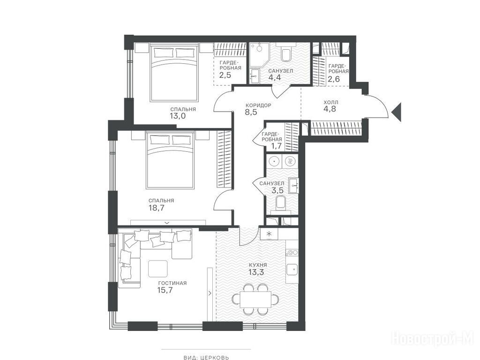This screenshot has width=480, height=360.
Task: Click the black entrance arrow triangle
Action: point(397,112)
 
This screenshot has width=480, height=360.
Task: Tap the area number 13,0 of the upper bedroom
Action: point(178,116)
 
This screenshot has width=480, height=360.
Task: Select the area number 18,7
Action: point(157,208)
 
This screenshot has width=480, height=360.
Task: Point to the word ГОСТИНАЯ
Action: point(172,283)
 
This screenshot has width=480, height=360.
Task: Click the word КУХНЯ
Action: point(258,265)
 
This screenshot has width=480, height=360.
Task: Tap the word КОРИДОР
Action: point(258,105)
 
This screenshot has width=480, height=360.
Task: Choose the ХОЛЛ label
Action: point(331,102)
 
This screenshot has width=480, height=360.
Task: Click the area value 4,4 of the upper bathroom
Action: point(275,77)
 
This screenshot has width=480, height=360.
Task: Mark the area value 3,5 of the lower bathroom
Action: point(277,190)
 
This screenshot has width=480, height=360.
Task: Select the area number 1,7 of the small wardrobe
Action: point(277,146)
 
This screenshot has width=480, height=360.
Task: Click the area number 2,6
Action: point(333,79)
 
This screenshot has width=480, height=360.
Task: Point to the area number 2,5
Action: point(225,75)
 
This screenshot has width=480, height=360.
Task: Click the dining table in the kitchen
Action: point(255,300)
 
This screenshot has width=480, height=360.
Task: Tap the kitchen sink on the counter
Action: point(292,270)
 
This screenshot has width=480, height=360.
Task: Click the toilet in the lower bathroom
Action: point(280,203)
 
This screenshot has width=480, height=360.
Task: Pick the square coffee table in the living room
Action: point(158,269)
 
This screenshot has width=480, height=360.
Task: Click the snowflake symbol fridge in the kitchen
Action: point(269,234)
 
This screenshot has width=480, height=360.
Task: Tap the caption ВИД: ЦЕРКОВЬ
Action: point(206,357)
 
